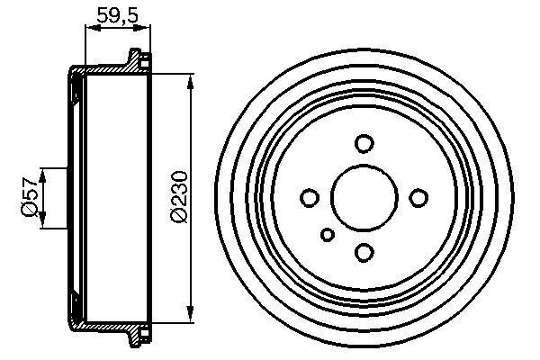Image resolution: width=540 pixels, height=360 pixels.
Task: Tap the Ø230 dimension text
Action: click(177, 197)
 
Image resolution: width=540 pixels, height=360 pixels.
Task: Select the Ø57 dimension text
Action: click(29, 196)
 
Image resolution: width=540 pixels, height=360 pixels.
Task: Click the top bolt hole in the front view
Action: click(364, 143)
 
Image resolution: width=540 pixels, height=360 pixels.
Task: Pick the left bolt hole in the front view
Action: click(309, 197)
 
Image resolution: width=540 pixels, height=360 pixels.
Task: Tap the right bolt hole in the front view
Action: click(418, 197)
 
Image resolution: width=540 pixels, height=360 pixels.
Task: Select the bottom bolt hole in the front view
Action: click(364, 252)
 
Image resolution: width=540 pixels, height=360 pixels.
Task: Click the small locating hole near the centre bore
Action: click(328, 235)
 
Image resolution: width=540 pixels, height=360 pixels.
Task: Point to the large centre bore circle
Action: click(364, 197)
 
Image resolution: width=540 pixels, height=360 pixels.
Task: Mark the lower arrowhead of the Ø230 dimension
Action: click(192, 312)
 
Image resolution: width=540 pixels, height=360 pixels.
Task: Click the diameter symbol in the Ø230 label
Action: click(177, 218)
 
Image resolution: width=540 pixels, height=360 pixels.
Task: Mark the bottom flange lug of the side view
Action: click(138, 334)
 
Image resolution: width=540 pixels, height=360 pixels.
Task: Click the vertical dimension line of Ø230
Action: click(192, 144)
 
